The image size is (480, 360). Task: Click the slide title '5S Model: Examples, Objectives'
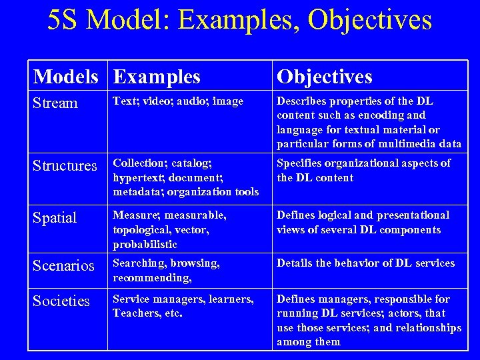click(240, 20)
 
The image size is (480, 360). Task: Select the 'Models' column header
click(66, 77)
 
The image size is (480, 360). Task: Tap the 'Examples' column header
click(157, 77)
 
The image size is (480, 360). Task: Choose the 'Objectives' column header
click(325, 77)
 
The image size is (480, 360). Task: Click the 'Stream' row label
click(55, 103)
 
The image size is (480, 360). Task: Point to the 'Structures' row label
click(65, 165)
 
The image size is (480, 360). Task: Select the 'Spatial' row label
click(55, 218)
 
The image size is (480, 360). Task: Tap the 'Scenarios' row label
click(63, 266)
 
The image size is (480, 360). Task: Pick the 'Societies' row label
click(61, 301)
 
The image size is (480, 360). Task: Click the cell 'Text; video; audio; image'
click(178, 101)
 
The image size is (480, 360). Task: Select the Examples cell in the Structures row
click(185, 177)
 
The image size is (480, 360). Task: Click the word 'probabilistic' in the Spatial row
click(145, 244)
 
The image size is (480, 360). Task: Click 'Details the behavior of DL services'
click(365, 263)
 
